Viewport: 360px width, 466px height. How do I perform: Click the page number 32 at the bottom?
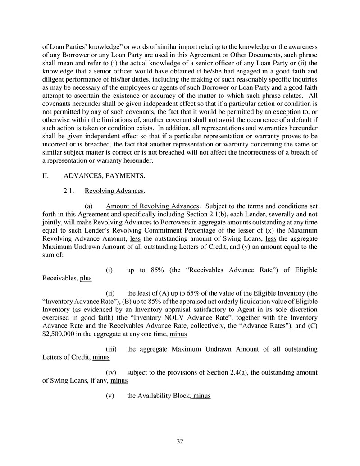pos(180,441)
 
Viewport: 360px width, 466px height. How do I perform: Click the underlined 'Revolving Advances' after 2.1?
pos(114,191)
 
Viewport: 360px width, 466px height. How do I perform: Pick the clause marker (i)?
pos(109,270)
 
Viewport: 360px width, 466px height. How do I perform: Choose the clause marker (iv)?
pos(111,373)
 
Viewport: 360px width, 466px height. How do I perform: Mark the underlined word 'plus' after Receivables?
pos(86,278)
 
